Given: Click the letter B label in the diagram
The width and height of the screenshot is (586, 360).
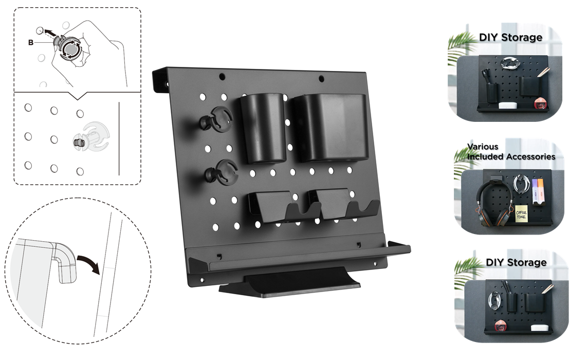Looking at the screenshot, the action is (x=31, y=43).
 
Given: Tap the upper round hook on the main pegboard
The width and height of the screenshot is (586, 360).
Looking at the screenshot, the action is (x=216, y=119).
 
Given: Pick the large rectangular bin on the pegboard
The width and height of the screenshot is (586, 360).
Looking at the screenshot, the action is (x=329, y=128).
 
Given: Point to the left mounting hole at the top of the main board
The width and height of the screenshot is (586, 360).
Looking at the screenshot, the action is (x=222, y=77).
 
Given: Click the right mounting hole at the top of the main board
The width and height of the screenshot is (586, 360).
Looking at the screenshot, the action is (x=321, y=79).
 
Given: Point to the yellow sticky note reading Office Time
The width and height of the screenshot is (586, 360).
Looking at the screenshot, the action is (x=522, y=214).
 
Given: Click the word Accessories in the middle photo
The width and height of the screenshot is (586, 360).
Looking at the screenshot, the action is (x=533, y=157).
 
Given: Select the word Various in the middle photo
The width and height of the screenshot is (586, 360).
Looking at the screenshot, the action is (x=483, y=147).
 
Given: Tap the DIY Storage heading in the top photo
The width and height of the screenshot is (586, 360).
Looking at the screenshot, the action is (x=510, y=38).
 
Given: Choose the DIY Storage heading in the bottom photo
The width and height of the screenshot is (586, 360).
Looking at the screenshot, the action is (x=516, y=262).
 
